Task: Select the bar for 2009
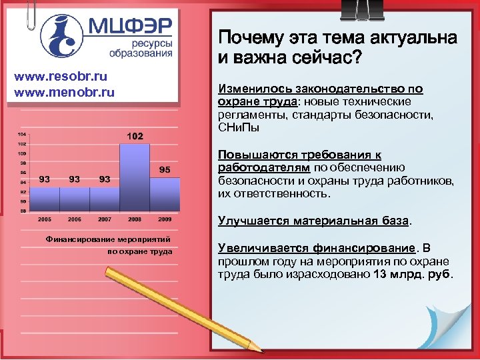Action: click(x=165, y=193)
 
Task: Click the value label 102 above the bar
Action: click(x=134, y=137)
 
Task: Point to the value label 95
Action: click(x=165, y=170)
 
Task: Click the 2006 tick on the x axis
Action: click(x=75, y=219)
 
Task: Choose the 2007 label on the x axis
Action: click(x=105, y=219)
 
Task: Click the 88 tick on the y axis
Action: click(x=22, y=210)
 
